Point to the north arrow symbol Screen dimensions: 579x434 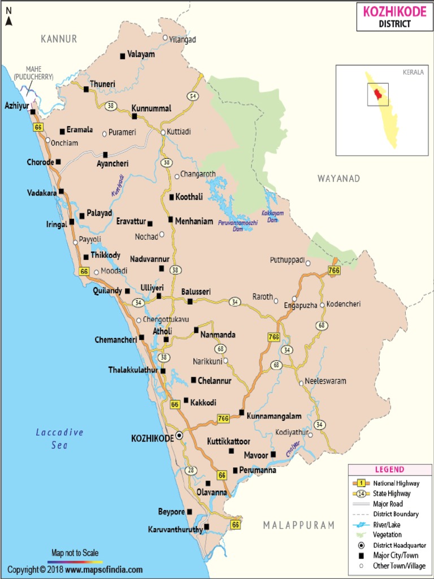tap(9, 17)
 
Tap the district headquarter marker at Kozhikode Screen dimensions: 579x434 tap(179, 435)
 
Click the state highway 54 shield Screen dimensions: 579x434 tap(193, 96)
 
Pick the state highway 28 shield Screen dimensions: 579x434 tap(191, 470)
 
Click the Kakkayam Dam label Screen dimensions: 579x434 tap(272, 216)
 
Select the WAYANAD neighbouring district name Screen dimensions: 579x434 tap(338, 179)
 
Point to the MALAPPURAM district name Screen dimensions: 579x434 tap(299, 525)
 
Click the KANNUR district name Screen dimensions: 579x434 tap(59, 39)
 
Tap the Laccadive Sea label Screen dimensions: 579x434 tap(59, 439)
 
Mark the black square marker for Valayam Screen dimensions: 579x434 tap(122, 55)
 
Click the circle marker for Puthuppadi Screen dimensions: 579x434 tap(308, 263)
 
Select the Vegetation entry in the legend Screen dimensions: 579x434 tap(387, 534)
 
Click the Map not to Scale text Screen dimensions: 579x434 tap(75, 552)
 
